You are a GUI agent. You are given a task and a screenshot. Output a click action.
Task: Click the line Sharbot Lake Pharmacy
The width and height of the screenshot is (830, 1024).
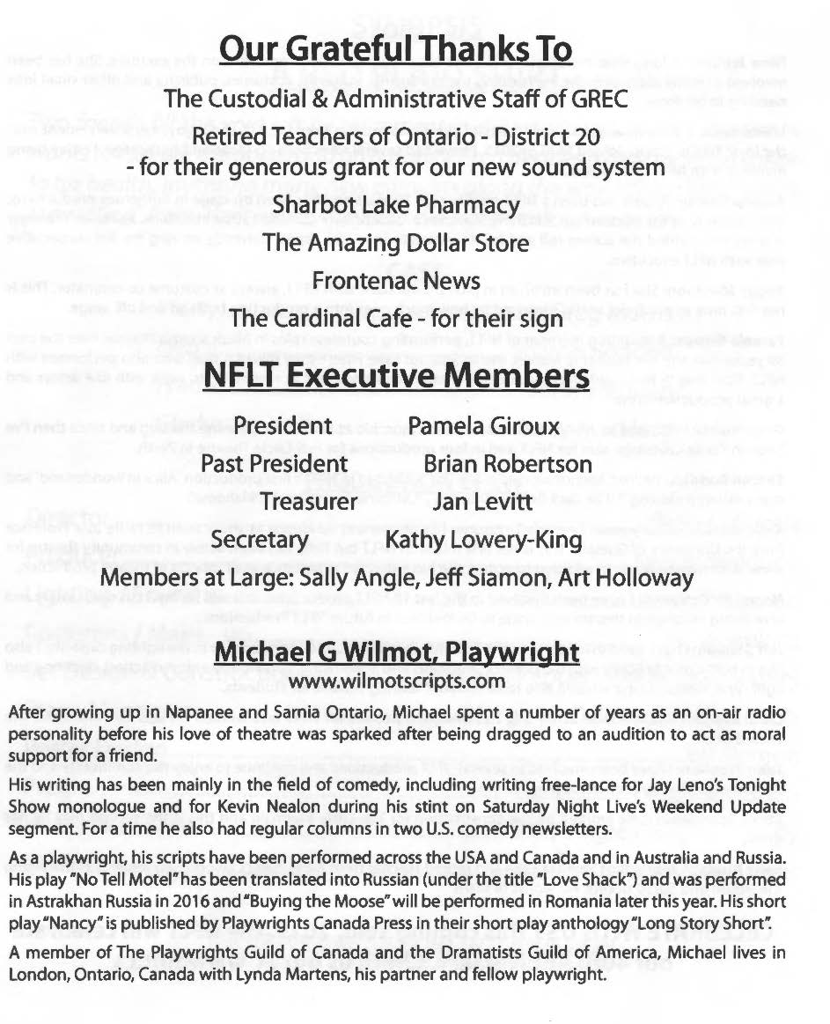(x=396, y=204)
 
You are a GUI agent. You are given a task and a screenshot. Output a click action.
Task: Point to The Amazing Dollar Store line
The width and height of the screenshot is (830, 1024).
(x=395, y=242)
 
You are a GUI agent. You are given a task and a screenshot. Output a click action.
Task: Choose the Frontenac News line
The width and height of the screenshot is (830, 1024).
(x=396, y=281)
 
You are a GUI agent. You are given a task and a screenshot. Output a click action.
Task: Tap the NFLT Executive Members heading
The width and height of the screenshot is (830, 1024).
(x=396, y=377)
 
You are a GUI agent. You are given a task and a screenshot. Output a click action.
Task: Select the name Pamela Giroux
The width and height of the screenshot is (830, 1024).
(x=484, y=426)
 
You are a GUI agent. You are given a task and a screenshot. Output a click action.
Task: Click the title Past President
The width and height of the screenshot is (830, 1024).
(x=274, y=463)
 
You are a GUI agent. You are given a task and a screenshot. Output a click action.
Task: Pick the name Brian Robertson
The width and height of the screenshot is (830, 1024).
(x=508, y=463)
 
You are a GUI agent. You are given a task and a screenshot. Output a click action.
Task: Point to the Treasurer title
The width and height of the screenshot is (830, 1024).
(x=309, y=501)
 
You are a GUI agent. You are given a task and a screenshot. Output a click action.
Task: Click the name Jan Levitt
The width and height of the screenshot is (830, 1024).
(x=482, y=501)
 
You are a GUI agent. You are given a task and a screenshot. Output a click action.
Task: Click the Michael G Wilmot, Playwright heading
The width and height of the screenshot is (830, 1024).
(x=396, y=652)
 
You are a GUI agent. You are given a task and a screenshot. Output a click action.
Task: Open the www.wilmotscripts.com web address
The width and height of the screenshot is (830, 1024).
(x=397, y=681)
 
